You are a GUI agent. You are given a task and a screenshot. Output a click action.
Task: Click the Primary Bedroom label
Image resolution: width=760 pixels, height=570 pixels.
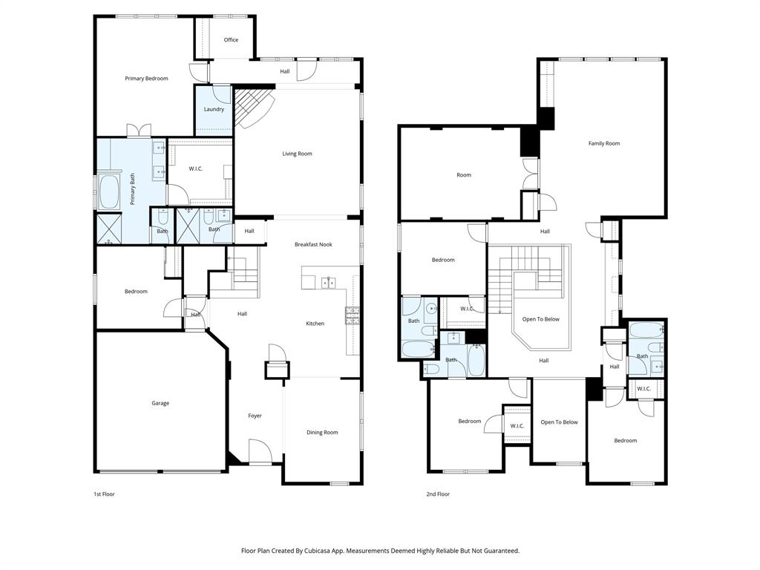(x=146, y=79)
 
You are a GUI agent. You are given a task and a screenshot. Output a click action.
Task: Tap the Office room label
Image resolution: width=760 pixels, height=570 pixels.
(x=231, y=40)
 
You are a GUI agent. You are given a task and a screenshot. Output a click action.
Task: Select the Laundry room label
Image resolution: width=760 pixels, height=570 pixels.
(x=214, y=110)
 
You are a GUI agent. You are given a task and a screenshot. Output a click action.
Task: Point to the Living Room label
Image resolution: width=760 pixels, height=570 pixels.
(x=297, y=154)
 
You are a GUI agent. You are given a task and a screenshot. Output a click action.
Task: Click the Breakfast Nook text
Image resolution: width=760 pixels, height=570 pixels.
(x=313, y=245)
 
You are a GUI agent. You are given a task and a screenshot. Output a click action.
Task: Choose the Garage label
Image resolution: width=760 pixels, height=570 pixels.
(x=160, y=404)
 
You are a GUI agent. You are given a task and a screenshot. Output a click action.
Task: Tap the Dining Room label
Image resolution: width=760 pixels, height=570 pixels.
(x=322, y=433)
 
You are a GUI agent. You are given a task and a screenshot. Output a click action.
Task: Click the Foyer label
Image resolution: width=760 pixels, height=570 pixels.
(x=255, y=416)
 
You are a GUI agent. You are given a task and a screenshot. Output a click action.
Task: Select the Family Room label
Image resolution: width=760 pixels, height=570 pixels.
(x=603, y=144)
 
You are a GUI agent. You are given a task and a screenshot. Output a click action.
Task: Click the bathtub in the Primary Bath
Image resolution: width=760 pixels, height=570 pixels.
(x=110, y=192)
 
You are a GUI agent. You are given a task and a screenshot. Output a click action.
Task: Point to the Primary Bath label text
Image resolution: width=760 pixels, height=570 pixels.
(x=133, y=189)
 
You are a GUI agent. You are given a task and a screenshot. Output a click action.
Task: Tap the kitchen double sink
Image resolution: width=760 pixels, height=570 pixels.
(x=327, y=282)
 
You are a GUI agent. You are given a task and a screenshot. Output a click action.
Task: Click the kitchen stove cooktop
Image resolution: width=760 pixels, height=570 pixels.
(x=352, y=315)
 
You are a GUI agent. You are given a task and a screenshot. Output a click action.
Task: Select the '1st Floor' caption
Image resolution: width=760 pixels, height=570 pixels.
(x=104, y=494)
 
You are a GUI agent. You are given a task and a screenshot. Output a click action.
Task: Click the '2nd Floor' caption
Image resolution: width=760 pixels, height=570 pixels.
(x=438, y=494)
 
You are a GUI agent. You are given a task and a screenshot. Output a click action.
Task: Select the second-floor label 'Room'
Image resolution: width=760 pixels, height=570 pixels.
(x=464, y=175)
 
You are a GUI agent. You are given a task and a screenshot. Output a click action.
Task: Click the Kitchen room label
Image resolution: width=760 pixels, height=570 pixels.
(x=315, y=324)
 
